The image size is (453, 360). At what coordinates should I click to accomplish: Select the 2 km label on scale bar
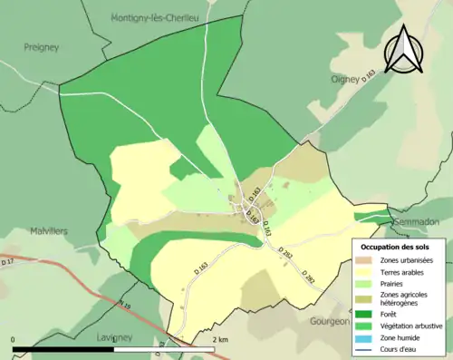[x=218, y=338]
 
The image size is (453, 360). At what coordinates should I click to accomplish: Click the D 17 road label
[x=8, y=262]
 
